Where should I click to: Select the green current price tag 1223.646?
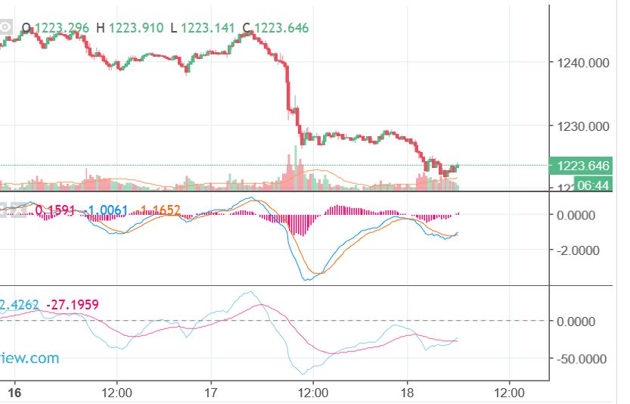[582, 166]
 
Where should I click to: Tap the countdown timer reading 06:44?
[594, 185]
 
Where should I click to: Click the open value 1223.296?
[62, 29]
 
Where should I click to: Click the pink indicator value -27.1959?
[73, 305]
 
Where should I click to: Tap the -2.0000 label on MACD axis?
[578, 250]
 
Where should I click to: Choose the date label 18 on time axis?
[407, 393]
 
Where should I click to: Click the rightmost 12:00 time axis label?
[509, 393]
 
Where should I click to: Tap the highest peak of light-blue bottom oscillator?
[250, 292]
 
